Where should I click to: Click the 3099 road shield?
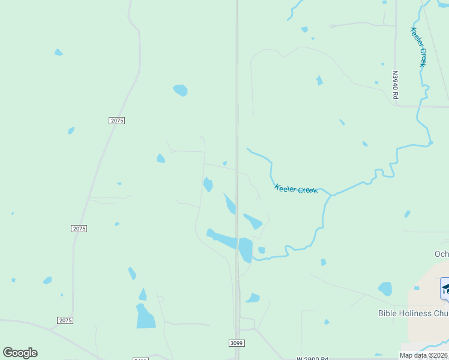237,343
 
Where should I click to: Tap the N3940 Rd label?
395,85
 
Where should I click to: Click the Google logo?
20,353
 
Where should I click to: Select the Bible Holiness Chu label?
413,313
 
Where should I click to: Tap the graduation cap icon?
445,289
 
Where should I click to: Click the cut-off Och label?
441,254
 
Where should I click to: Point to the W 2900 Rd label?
312,358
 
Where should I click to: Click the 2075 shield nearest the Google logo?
65,320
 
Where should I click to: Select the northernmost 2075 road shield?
117,121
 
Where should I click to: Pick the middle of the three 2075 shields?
79,229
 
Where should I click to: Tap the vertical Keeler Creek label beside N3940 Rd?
418,46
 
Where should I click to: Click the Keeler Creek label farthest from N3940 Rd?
295,189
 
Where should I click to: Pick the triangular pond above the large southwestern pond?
143,295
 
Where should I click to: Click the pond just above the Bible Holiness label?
385,289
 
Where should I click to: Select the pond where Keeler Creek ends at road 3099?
246,250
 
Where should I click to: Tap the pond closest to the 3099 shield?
253,298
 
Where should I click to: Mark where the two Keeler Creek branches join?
331,195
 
